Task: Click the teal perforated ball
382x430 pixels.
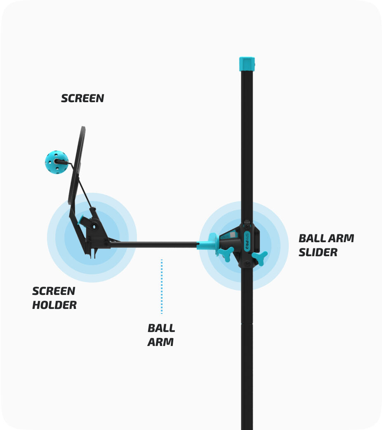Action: (56, 162)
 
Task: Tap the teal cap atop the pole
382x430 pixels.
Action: (247, 64)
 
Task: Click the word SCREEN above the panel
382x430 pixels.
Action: (83, 98)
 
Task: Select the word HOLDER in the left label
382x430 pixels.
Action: (54, 305)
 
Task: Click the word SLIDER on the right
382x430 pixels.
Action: (318, 252)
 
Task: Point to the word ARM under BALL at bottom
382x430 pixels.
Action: (160, 342)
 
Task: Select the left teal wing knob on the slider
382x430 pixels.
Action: (226, 253)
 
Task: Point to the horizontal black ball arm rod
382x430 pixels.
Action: (153, 244)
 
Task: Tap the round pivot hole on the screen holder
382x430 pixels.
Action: (94, 226)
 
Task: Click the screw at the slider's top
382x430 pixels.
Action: (247, 223)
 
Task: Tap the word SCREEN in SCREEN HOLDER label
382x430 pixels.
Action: (54, 291)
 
